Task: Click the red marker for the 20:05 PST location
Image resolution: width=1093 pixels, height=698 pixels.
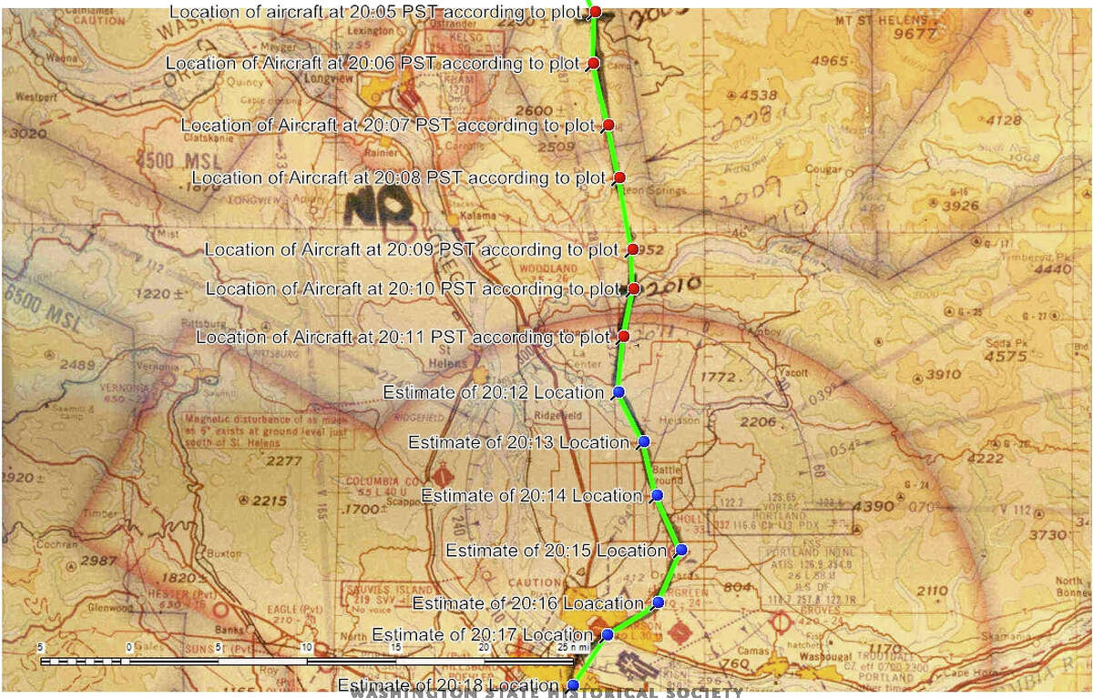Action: (x=595, y=12)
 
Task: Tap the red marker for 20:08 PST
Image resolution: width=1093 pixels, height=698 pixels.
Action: (x=619, y=177)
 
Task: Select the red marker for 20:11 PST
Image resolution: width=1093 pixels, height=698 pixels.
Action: (x=624, y=338)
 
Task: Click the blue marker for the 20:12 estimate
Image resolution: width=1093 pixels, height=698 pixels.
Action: (x=618, y=392)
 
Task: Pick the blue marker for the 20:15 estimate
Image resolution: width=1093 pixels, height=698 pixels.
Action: (x=681, y=550)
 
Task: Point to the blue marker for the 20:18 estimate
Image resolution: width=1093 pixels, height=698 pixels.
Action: (x=573, y=684)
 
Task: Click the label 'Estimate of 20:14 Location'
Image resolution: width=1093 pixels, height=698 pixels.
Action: (x=532, y=496)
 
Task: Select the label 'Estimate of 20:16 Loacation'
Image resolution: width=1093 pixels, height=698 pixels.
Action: (x=528, y=603)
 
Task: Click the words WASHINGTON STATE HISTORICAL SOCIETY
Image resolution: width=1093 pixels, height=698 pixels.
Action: (x=546, y=693)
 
